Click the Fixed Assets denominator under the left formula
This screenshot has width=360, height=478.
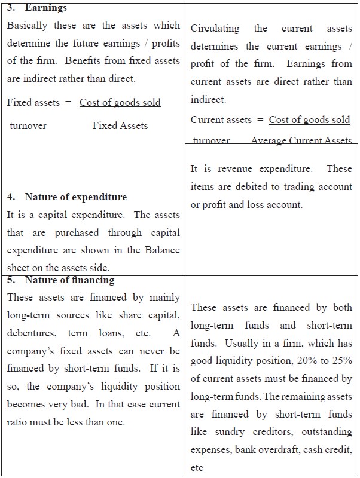coord(120,126)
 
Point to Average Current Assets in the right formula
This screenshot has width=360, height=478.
coord(301,140)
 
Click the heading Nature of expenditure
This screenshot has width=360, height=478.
coord(76,197)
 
